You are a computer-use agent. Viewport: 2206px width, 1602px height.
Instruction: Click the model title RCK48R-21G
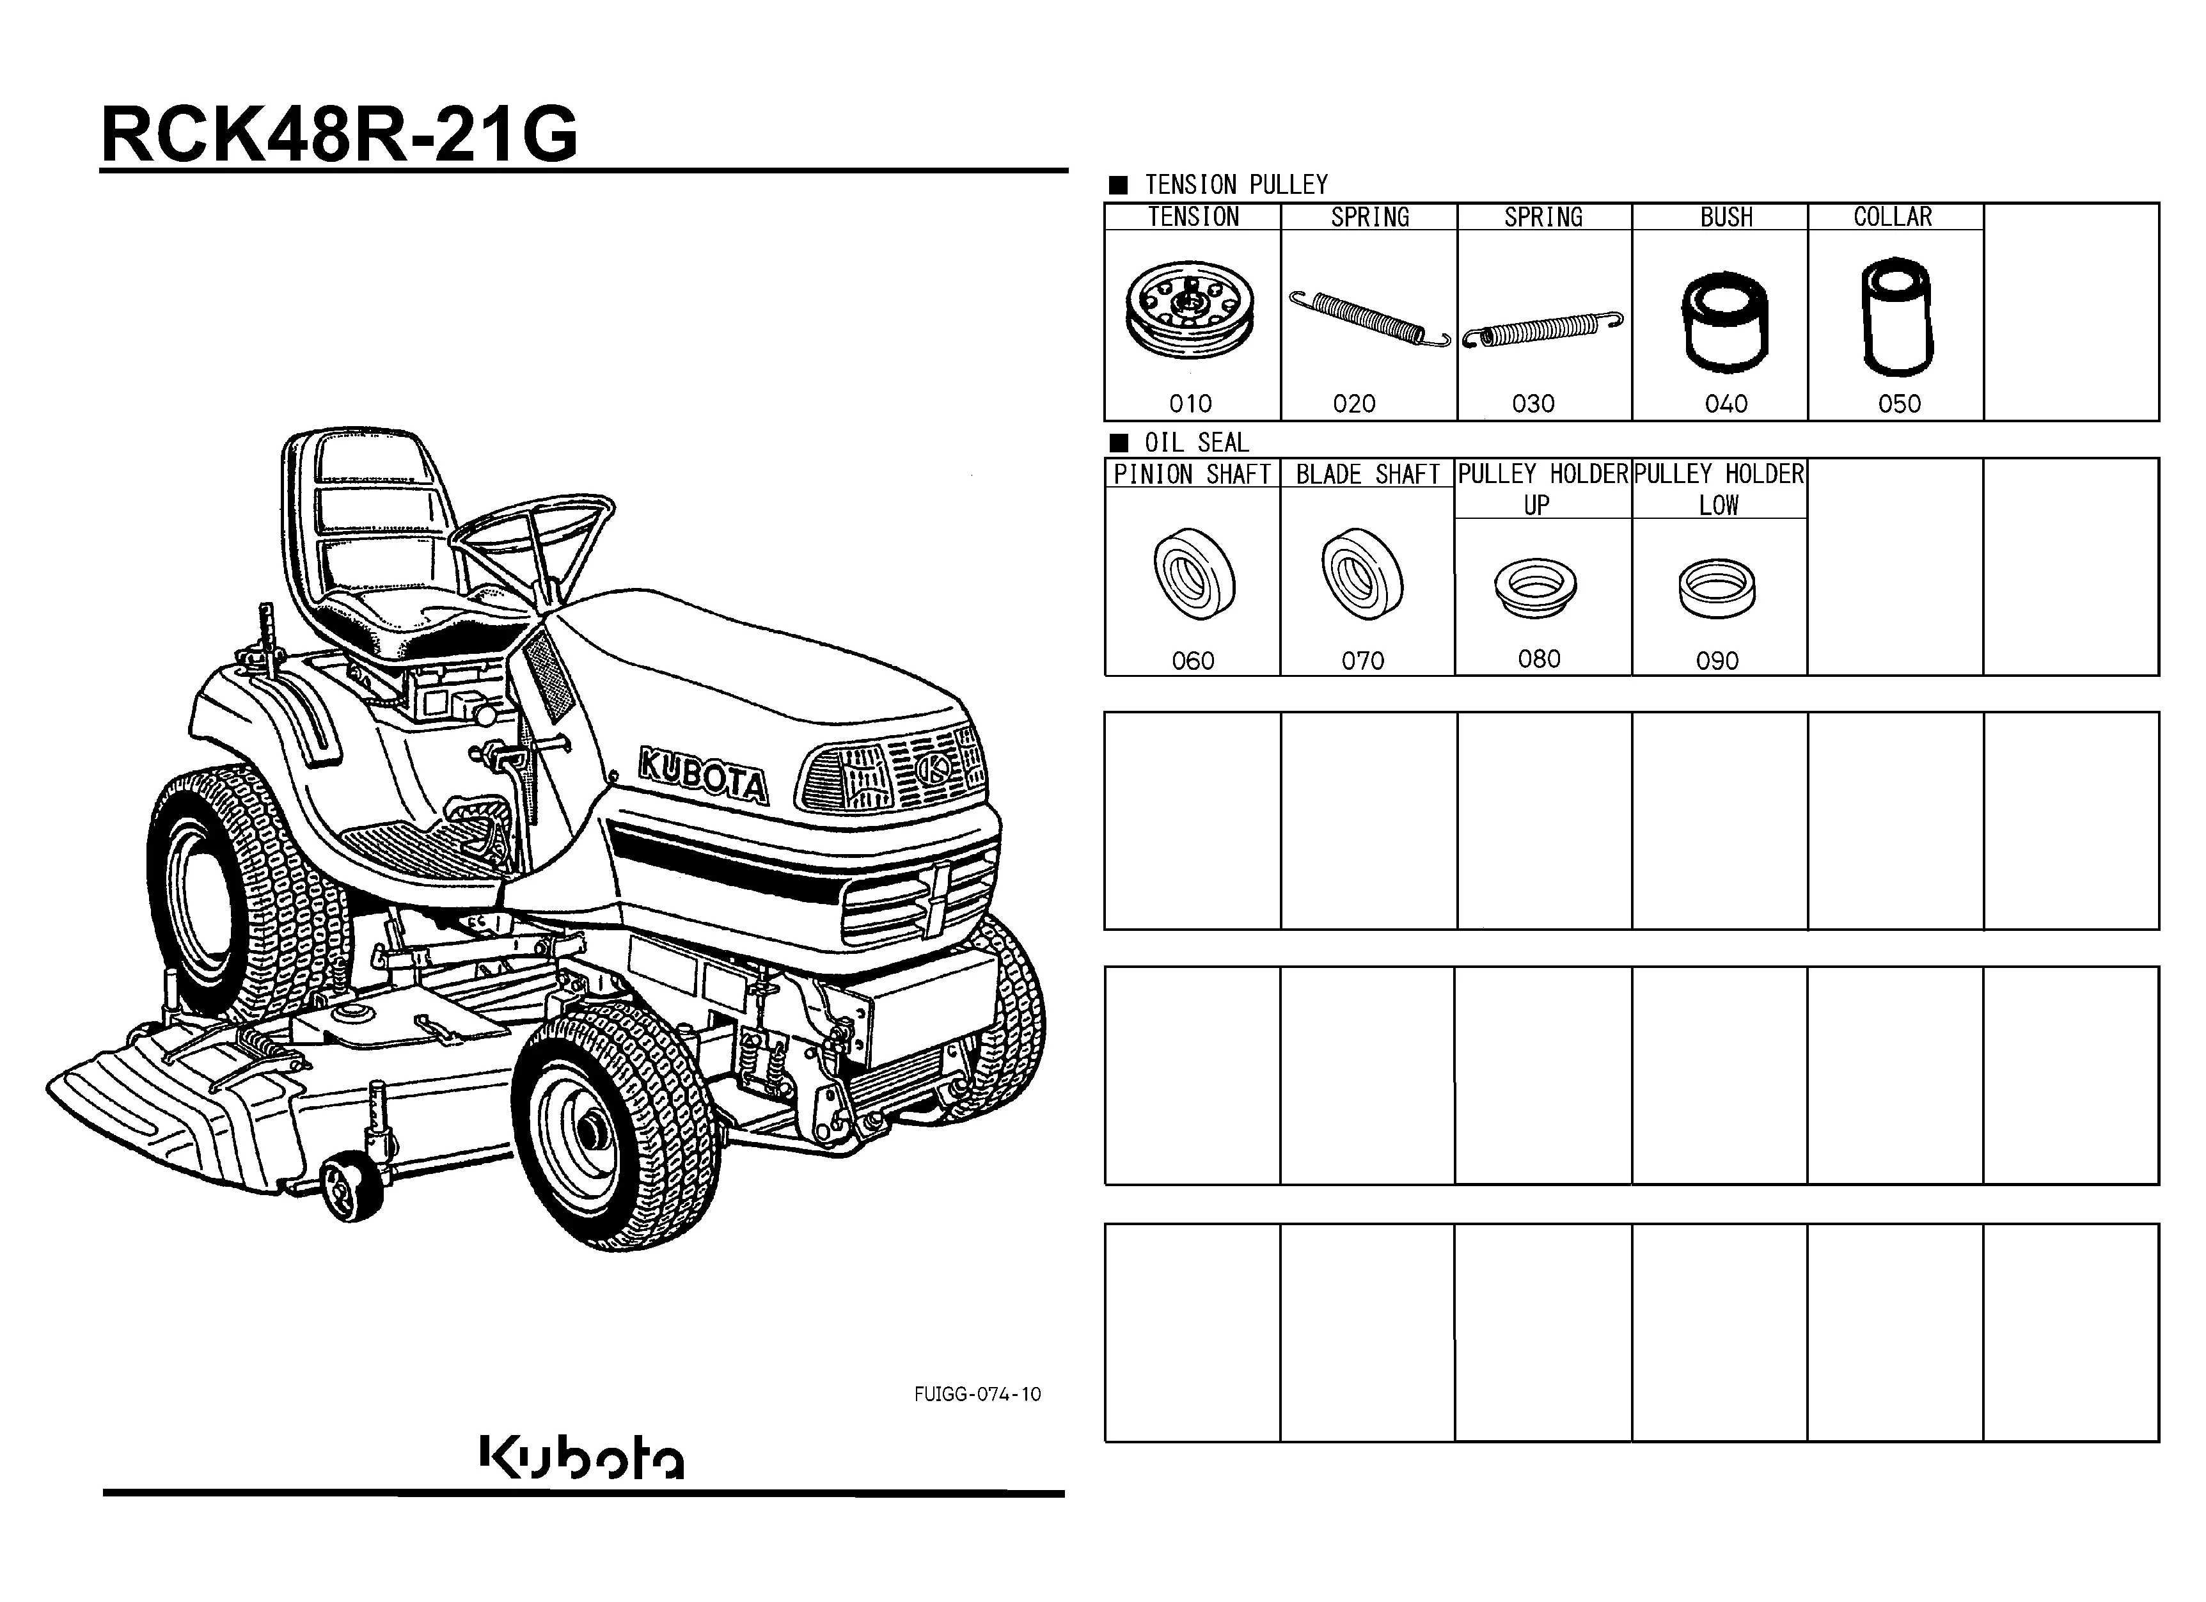[x=340, y=134]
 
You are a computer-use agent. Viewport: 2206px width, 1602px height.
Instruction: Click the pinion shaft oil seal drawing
[x=1194, y=574]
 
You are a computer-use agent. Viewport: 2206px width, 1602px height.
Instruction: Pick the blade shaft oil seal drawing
[x=1362, y=574]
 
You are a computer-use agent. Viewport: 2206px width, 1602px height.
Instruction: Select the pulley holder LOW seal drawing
[x=1717, y=587]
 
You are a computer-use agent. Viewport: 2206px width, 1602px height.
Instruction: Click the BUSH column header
[x=1726, y=217]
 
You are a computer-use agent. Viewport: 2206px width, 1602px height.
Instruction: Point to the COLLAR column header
[x=1893, y=217]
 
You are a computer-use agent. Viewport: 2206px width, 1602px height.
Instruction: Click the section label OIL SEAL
[x=1196, y=443]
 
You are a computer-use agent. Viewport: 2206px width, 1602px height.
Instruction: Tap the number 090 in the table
[x=1717, y=662]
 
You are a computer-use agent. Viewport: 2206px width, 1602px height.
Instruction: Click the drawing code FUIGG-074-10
[x=977, y=1394]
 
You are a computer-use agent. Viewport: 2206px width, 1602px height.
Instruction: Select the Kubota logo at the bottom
[x=581, y=1456]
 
